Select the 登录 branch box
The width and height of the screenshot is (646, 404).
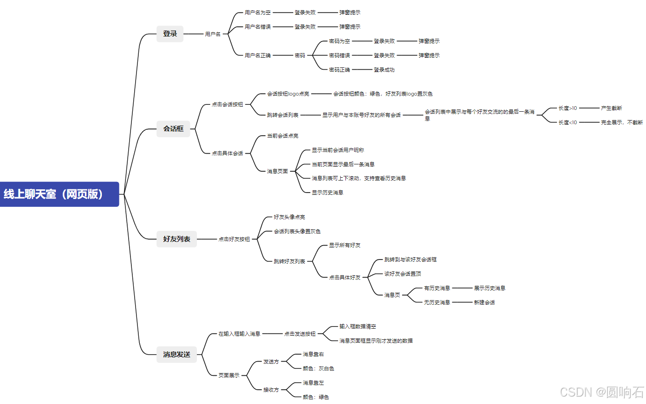(x=170, y=34)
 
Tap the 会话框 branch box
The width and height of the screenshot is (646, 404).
(x=173, y=129)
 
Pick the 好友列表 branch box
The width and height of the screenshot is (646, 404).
(x=177, y=239)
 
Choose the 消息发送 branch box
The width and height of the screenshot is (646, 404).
(x=177, y=355)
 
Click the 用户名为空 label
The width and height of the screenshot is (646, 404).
(x=258, y=12)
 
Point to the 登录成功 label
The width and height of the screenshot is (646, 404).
(x=384, y=70)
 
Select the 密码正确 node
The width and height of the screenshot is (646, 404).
(x=339, y=70)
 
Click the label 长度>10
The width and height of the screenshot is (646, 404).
(x=568, y=108)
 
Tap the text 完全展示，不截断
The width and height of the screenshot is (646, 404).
(x=622, y=122)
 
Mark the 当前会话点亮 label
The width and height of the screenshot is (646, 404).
(x=283, y=136)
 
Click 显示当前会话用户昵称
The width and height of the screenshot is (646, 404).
(x=338, y=150)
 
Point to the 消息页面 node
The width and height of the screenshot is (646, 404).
(x=278, y=171)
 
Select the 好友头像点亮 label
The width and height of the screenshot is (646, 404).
(x=289, y=217)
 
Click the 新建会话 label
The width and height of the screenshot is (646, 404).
(x=484, y=302)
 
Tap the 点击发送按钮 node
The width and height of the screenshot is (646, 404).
(x=300, y=334)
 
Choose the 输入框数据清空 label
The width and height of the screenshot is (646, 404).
(x=358, y=326)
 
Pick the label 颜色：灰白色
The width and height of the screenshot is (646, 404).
(x=318, y=368)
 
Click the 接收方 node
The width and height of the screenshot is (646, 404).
(x=271, y=390)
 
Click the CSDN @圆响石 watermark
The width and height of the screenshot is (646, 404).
(x=602, y=392)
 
